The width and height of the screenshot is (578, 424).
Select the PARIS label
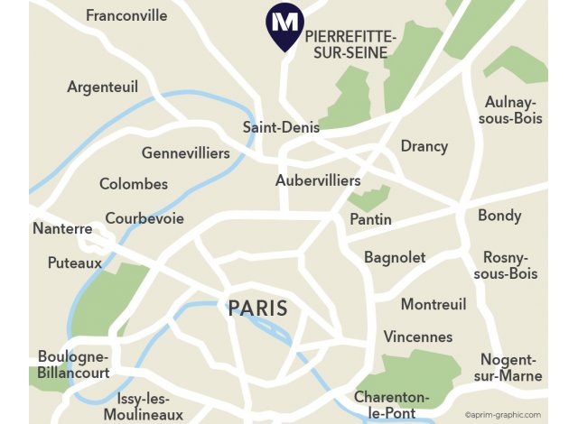click(x=257, y=309)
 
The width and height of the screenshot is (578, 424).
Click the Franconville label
click(x=126, y=15)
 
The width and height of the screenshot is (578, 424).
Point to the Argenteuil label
click(x=102, y=87)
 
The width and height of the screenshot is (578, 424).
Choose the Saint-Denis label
click(x=281, y=127)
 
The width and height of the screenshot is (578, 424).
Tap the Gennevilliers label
click(x=186, y=153)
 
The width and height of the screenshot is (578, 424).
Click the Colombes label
click(x=134, y=184)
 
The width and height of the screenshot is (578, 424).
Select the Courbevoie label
click(x=144, y=218)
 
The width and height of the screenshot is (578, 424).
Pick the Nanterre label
click(x=62, y=229)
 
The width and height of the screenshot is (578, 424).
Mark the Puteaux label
click(x=75, y=263)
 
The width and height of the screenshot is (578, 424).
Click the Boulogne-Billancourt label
click(x=74, y=364)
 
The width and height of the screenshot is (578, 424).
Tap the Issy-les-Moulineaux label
click(x=150, y=406)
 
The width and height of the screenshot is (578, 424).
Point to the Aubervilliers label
click(x=318, y=180)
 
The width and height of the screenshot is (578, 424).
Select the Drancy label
click(x=424, y=146)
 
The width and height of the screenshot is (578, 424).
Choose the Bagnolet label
click(x=395, y=257)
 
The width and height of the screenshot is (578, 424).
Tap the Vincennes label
click(x=418, y=336)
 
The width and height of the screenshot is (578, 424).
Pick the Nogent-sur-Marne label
click(x=511, y=367)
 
